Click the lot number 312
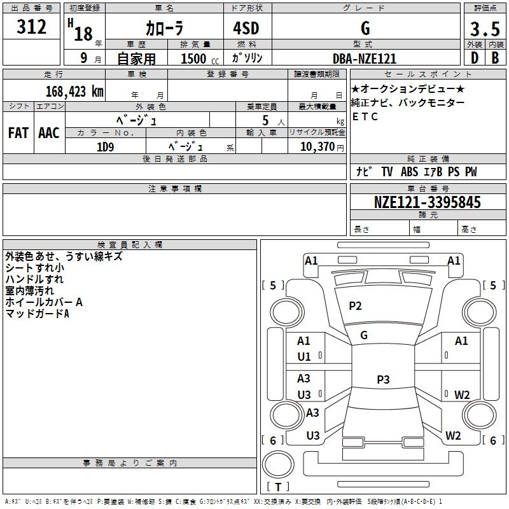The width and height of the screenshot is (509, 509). [31, 27]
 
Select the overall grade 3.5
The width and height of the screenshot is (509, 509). [485, 29]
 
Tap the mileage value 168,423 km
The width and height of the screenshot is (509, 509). [74, 91]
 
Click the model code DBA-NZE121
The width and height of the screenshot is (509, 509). [365, 59]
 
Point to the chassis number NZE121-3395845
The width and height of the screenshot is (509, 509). [428, 202]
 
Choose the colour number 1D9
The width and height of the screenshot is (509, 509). [105, 147]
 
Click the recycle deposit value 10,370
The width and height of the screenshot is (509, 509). [317, 147]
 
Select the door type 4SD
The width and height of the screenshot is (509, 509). [246, 28]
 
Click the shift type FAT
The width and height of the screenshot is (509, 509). [18, 133]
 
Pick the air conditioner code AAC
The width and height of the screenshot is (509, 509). [49, 133]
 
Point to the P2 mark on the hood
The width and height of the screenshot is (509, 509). [355, 305]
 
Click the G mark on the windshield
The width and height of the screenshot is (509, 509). [364, 335]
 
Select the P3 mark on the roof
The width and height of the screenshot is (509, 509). [383, 379]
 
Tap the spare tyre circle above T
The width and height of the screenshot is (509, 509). [278, 464]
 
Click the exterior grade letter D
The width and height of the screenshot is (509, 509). [475, 58]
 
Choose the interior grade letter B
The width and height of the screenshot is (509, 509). [496, 58]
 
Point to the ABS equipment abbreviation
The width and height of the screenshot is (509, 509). [409, 171]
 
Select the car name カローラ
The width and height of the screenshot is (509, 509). [165, 28]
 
